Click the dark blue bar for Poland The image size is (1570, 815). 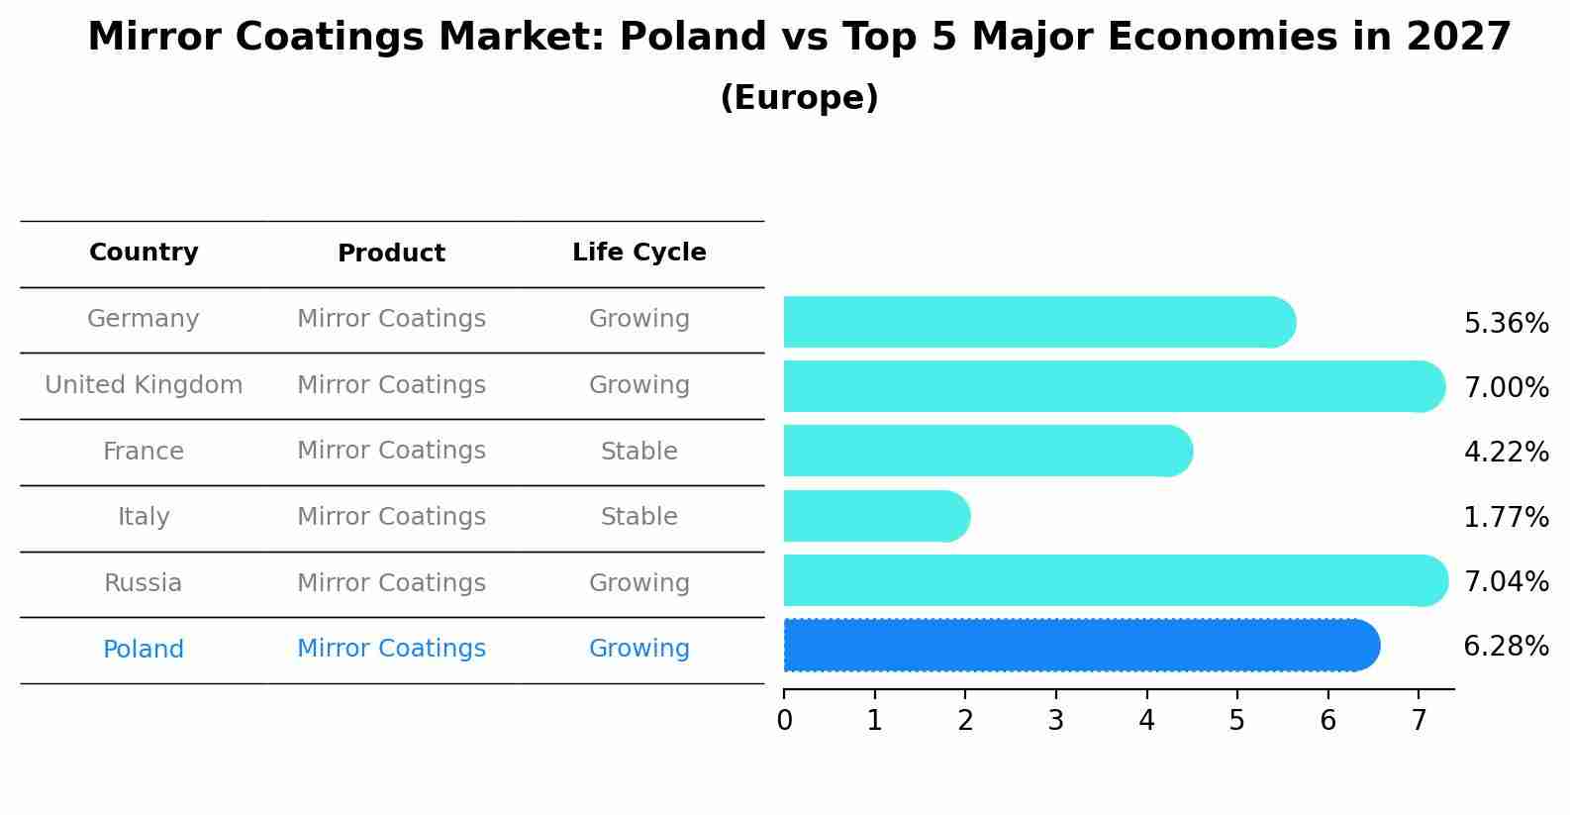pyautogui.click(x=1079, y=645)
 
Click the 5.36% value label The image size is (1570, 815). pyautogui.click(x=1506, y=323)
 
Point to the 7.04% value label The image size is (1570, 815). pyautogui.click(x=1506, y=581)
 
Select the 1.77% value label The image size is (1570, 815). pyautogui.click(x=1506, y=517)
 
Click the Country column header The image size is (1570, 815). pyautogui.click(x=144, y=253)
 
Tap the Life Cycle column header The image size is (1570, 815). pyautogui.click(x=638, y=253)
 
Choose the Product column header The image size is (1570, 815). pyautogui.click(x=391, y=254)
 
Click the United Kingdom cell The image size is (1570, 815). pyautogui.click(x=144, y=385)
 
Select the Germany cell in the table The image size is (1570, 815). pyautogui.click(x=144, y=319)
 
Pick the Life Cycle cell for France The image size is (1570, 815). pyautogui.click(x=638, y=452)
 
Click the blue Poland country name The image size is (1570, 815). pyautogui.click(x=144, y=650)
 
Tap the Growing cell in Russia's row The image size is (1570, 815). pyautogui.click(x=638, y=583)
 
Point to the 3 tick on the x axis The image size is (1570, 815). pyautogui.click(x=1056, y=720)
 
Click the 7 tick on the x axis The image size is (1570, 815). pyautogui.click(x=1419, y=720)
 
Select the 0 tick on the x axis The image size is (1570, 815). pyautogui.click(x=784, y=720)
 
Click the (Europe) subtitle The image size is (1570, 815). pyautogui.click(x=799, y=98)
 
